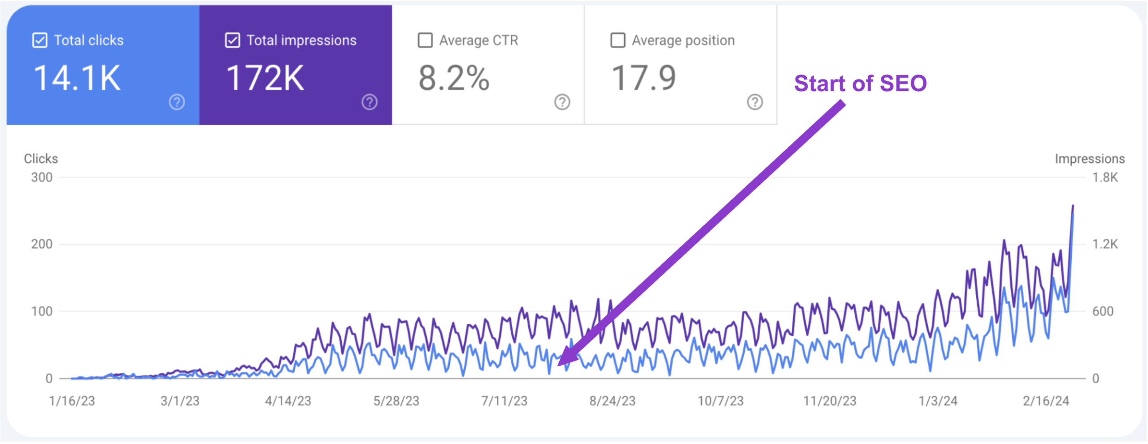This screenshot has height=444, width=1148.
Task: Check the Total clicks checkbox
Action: (x=40, y=40)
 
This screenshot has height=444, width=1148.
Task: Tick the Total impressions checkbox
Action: (x=232, y=40)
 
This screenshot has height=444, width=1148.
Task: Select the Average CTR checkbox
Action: (x=425, y=40)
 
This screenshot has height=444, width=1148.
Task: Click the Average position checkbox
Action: (x=617, y=40)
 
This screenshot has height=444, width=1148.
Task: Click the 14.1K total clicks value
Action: (x=77, y=78)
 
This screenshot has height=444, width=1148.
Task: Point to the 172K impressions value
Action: (x=265, y=78)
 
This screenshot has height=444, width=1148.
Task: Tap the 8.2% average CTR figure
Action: (x=453, y=78)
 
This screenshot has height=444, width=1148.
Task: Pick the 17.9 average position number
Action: (x=644, y=78)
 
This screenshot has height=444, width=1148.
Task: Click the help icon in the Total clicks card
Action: (x=177, y=102)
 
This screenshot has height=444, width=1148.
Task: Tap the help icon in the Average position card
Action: (x=755, y=102)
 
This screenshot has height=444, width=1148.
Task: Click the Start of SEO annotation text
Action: (x=860, y=84)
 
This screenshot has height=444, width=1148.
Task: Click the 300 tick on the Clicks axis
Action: (x=42, y=178)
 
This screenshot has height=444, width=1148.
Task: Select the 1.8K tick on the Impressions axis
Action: (x=1105, y=178)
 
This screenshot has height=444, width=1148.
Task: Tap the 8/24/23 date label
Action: (x=612, y=401)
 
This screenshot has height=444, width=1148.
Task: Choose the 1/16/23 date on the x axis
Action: (x=72, y=401)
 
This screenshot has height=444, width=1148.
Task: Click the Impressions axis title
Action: (x=1089, y=159)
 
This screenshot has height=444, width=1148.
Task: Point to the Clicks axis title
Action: (x=41, y=159)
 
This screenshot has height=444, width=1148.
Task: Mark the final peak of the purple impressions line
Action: (x=1073, y=206)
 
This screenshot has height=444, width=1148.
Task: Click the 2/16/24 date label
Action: (x=1046, y=401)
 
